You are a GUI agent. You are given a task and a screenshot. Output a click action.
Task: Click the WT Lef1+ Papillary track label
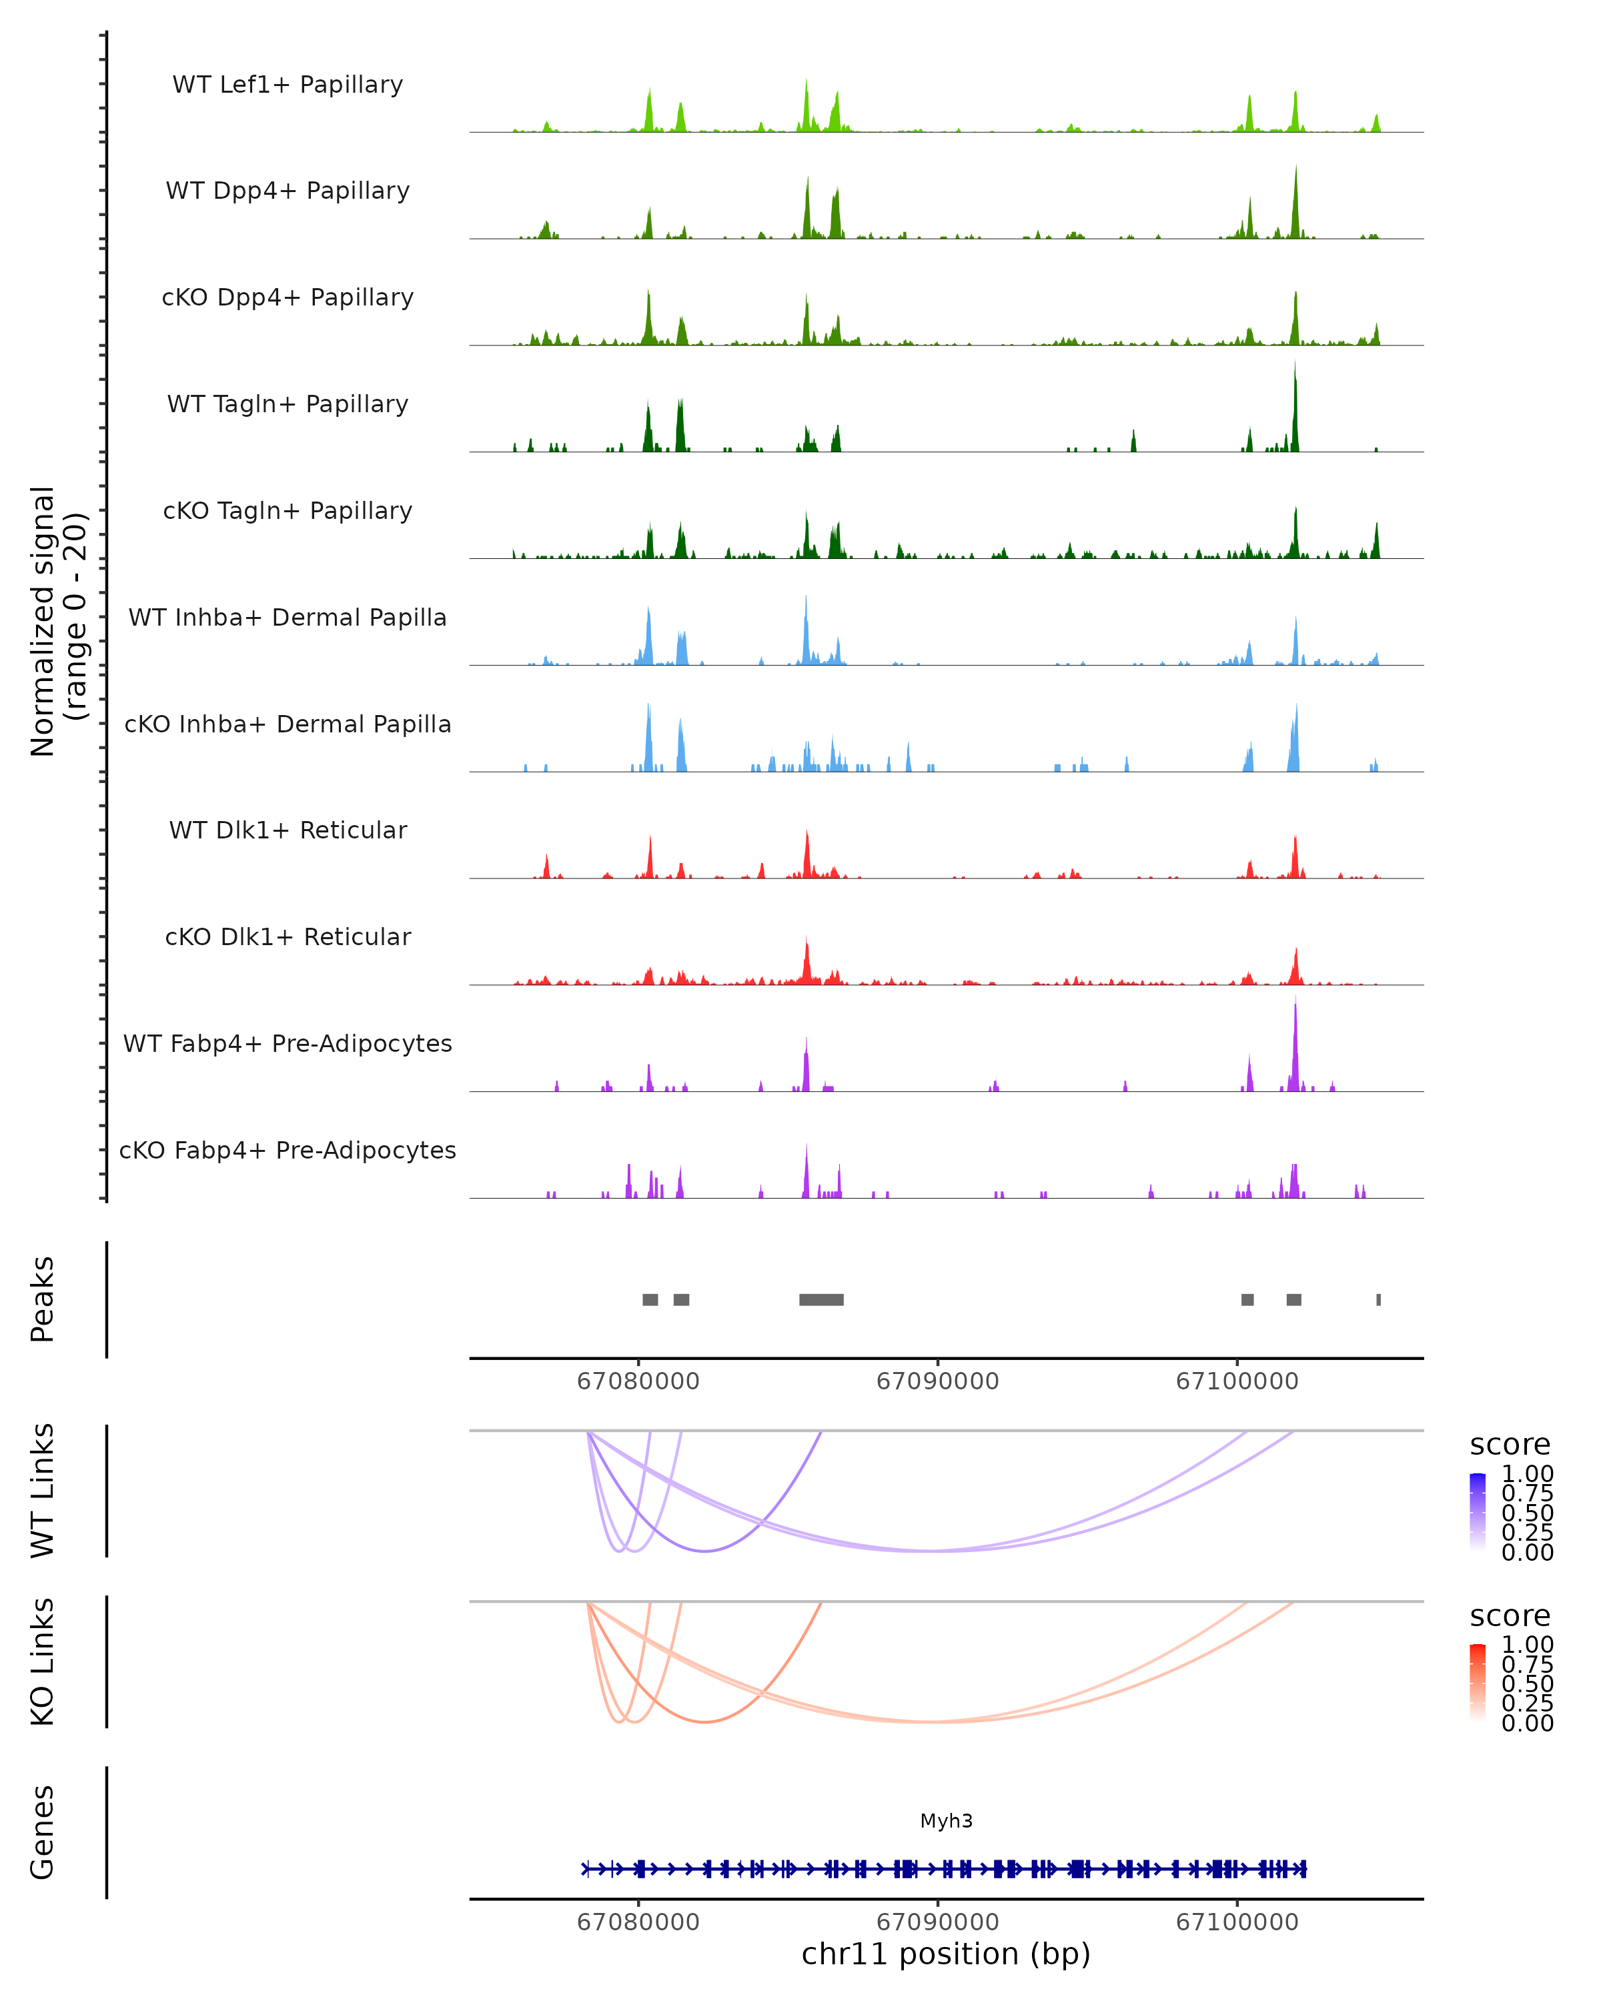[x=288, y=85]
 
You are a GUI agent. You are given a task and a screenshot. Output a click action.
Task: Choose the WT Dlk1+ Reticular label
[x=288, y=830]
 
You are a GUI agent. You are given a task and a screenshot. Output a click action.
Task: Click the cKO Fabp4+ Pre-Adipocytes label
[x=288, y=1150]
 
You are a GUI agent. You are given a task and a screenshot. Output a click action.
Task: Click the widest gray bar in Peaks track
[x=821, y=1299]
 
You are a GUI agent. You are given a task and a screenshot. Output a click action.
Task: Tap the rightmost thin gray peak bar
[x=1378, y=1299]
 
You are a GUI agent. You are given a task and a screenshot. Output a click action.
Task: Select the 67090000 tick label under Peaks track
[x=937, y=1381]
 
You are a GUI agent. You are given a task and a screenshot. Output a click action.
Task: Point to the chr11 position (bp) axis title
[x=946, y=1954]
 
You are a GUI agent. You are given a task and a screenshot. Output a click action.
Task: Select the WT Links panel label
[x=43, y=1491]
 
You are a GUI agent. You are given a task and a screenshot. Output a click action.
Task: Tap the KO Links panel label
[x=43, y=1662]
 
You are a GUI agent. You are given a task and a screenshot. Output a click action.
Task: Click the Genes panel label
[x=43, y=1833]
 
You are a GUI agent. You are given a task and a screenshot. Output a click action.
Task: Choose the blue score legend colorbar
[x=1478, y=1511]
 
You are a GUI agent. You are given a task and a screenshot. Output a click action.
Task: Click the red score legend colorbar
[x=1478, y=1682]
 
